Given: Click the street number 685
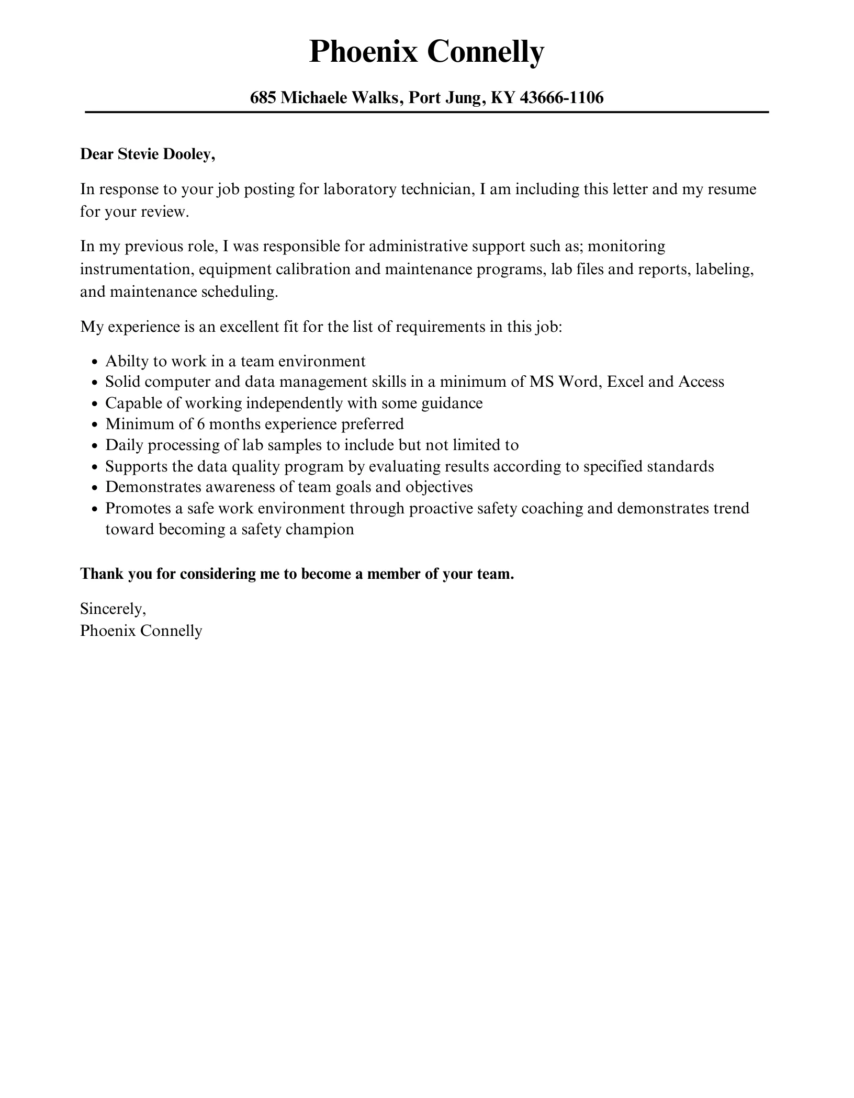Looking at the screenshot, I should tap(263, 97).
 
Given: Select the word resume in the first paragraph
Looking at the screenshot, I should tap(732, 189).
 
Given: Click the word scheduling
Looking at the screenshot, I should tap(239, 292).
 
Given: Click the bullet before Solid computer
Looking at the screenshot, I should tap(95, 383).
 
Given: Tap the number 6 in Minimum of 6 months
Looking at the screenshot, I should tap(200, 424).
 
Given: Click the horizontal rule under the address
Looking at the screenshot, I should tap(426, 112).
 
